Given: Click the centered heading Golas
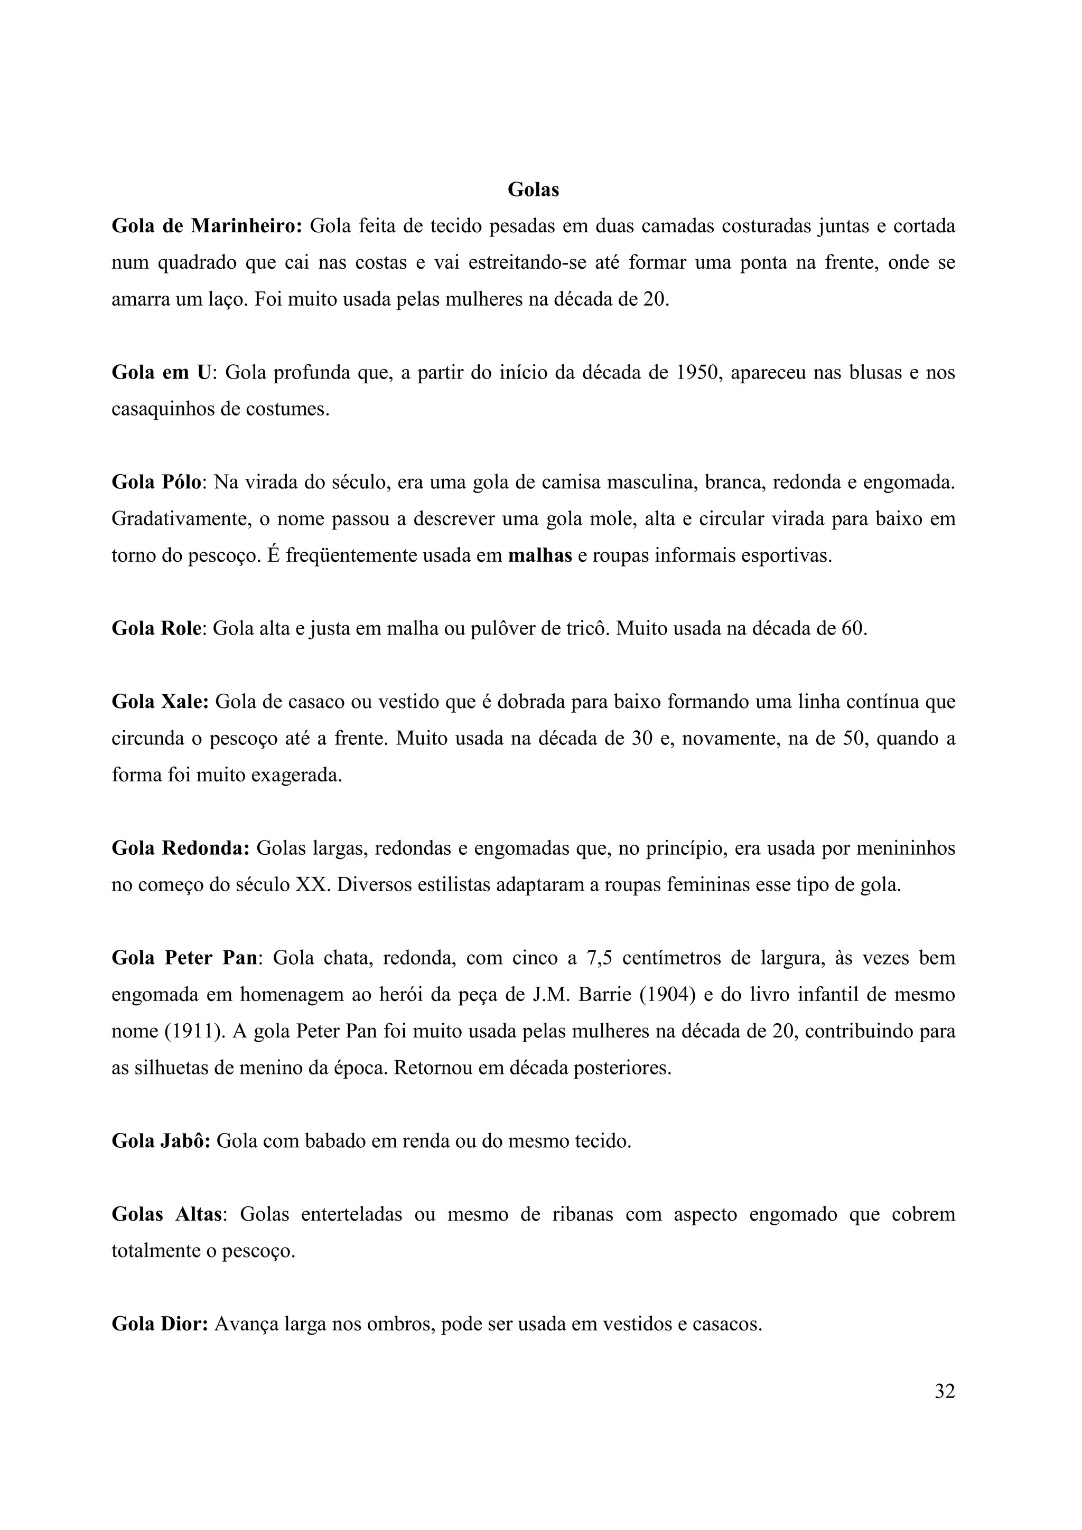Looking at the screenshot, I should (533, 190).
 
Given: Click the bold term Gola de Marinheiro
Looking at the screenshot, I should (207, 226).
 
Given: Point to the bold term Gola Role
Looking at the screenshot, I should (156, 628).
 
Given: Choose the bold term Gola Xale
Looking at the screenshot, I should (160, 702).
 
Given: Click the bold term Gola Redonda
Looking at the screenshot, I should (181, 848).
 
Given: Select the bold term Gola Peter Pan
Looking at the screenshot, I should (184, 958).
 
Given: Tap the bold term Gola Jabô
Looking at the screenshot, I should (161, 1141).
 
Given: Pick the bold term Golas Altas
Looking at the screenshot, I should (166, 1214).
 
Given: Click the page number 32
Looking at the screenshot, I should (945, 1391).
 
